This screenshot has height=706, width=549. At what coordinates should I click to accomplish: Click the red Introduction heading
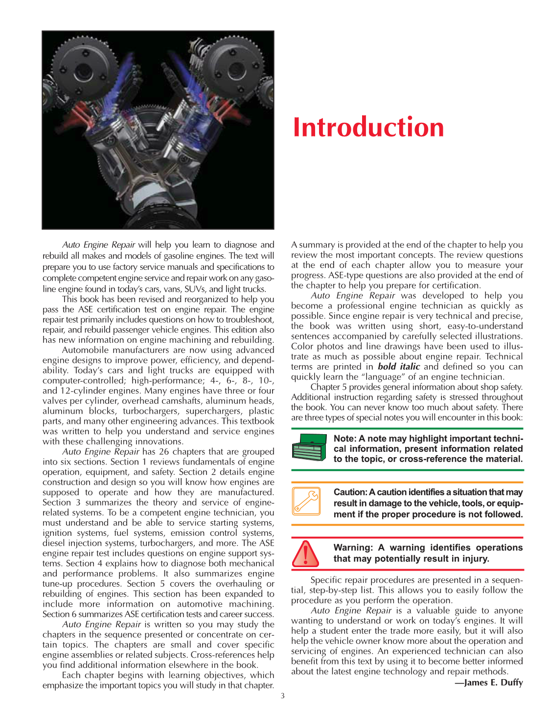368,128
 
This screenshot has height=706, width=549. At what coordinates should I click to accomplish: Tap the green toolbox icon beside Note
309,447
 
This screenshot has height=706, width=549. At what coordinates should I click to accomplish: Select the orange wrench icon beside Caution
307,501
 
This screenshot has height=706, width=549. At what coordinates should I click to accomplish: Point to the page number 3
282,696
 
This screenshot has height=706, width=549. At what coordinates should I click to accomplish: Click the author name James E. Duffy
493,683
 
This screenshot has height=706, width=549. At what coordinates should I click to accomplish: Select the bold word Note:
345,439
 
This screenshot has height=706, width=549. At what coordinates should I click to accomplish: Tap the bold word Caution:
350,492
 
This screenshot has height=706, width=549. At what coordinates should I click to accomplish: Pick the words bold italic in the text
398,367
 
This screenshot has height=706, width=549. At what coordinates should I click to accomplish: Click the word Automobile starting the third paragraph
84,350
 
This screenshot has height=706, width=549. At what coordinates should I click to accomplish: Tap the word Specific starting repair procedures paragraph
327,580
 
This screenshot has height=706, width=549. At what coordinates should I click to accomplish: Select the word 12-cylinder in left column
82,391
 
